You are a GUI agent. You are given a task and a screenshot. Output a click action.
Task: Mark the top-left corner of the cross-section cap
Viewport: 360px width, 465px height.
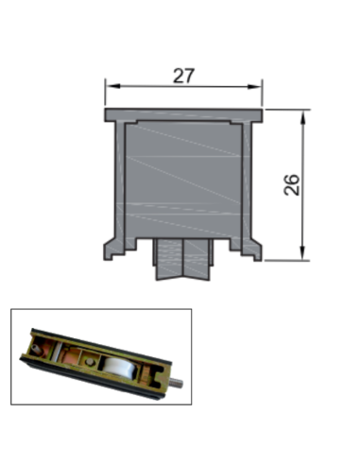106,111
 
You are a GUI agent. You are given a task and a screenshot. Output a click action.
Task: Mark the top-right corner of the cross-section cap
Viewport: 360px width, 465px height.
263,111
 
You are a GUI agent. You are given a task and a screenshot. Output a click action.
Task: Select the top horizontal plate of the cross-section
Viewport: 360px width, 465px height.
183,114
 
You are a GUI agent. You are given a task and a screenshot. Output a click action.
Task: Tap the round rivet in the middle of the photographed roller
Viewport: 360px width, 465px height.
88,360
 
